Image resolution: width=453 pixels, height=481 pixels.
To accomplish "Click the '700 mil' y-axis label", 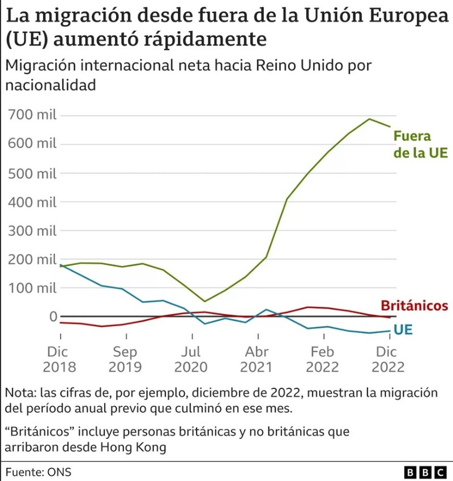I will (x=33, y=116).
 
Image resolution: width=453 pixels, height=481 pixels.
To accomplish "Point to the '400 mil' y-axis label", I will (x=33, y=202).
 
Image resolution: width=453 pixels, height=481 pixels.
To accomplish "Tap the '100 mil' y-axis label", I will (x=33, y=288).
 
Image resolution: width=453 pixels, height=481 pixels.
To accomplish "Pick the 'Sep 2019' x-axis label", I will (x=125, y=359).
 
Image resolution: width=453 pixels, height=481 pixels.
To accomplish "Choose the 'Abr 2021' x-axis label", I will (x=256, y=359).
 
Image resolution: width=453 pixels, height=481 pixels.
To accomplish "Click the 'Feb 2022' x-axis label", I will (x=322, y=359).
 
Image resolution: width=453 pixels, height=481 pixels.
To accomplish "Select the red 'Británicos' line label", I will (x=414, y=306).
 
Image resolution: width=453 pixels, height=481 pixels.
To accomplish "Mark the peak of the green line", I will (x=369, y=119).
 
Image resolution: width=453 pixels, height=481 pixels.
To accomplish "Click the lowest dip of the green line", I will (x=204, y=301).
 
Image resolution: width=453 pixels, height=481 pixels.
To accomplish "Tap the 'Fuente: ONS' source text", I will (x=39, y=472).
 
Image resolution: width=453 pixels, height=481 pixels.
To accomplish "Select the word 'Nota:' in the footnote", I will (x=20, y=393).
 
